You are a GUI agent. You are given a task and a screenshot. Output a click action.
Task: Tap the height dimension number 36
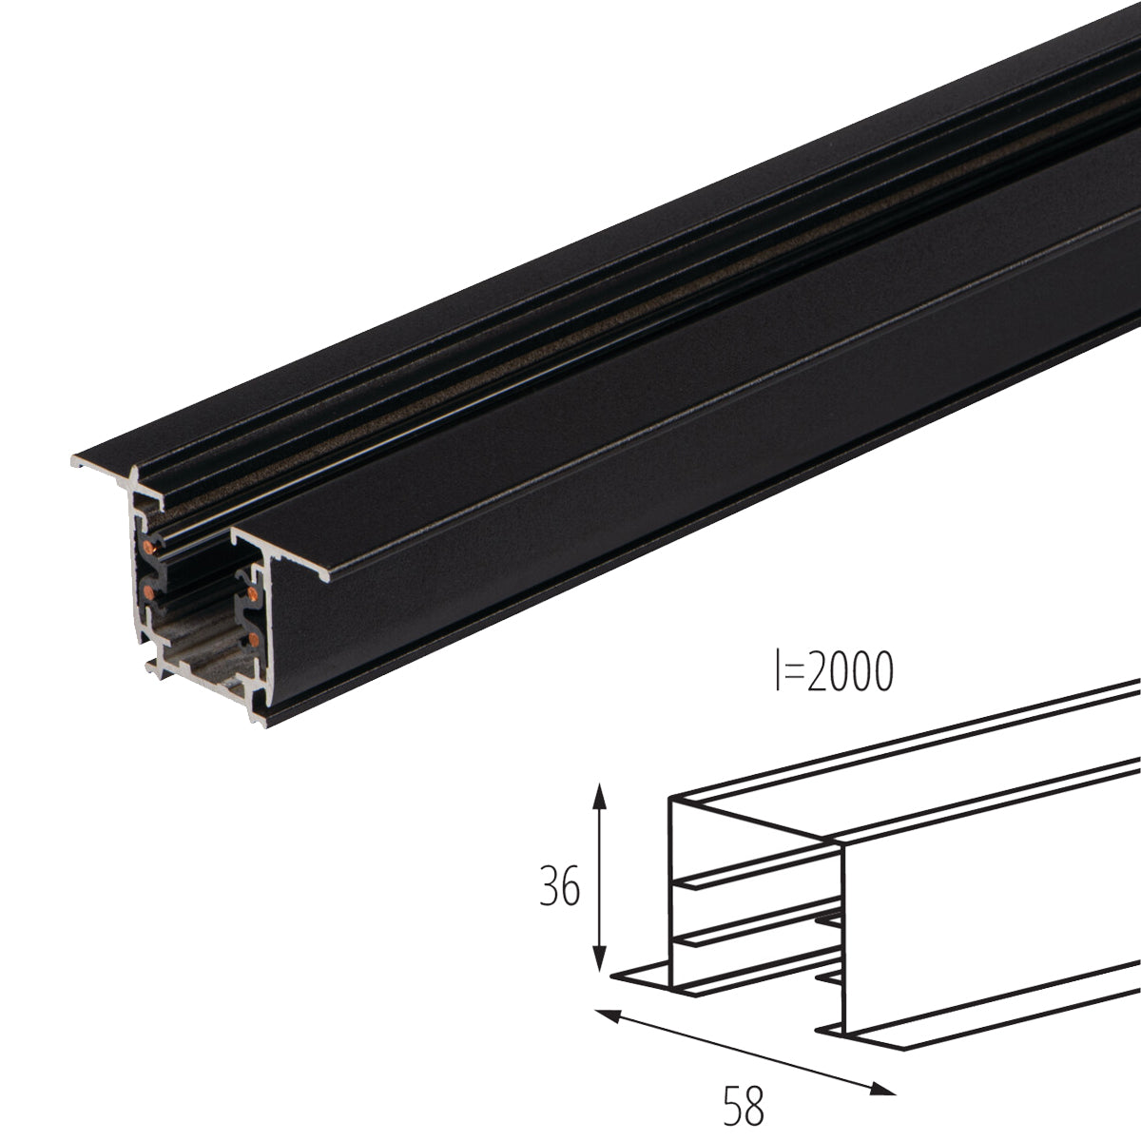pyautogui.click(x=558, y=889)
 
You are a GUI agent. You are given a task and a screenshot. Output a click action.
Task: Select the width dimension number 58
pyautogui.click(x=743, y=1106)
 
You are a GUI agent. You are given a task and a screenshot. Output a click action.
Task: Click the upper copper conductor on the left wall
pyautogui.click(x=149, y=545)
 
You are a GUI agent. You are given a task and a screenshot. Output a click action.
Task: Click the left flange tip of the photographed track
pyautogui.click(x=76, y=464)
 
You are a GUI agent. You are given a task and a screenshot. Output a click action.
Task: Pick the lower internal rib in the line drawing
pyautogui.click(x=751, y=937)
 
